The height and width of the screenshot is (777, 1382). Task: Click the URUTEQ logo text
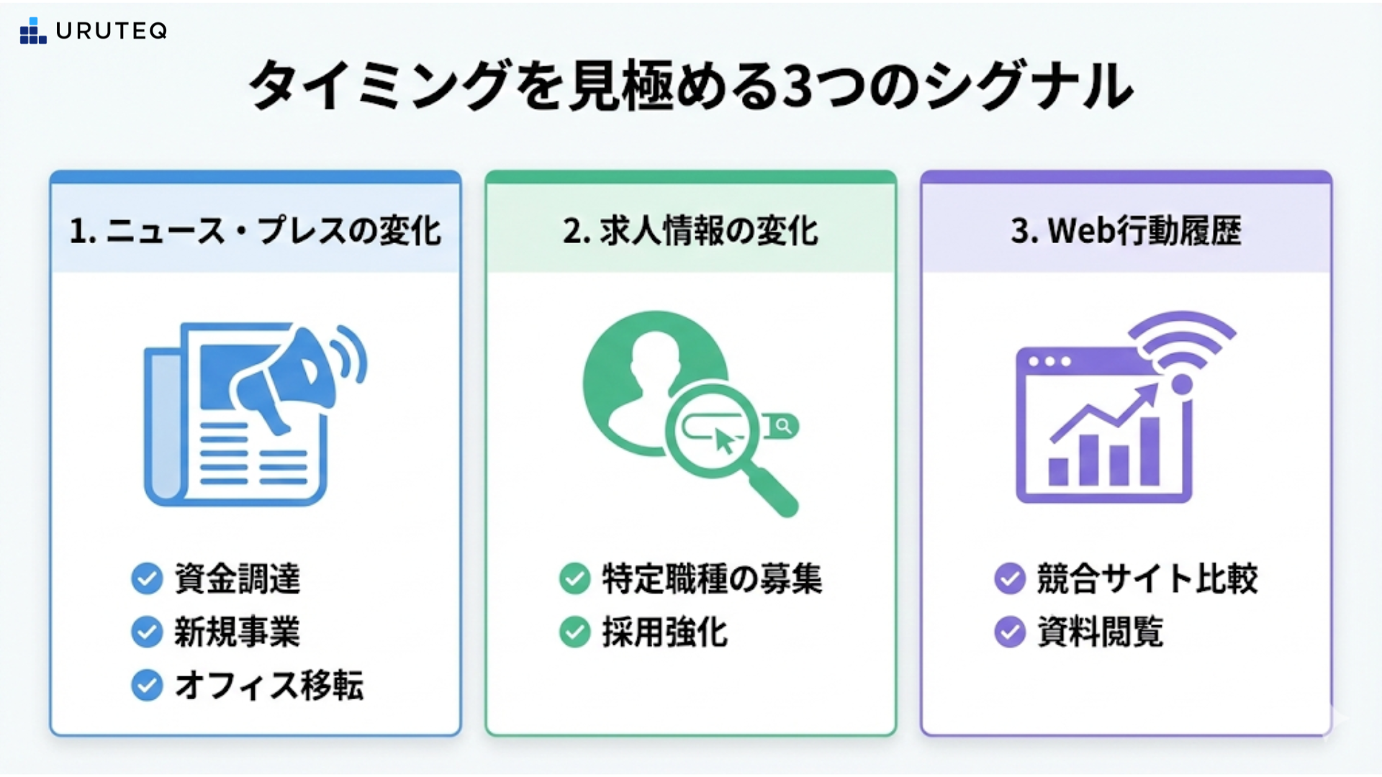(x=111, y=31)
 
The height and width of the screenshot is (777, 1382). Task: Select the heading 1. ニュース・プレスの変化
(x=256, y=231)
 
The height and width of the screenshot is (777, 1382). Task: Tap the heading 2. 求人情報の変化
(x=690, y=231)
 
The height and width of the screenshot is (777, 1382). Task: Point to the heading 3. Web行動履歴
(x=1126, y=231)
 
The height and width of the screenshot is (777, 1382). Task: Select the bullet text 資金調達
(x=238, y=578)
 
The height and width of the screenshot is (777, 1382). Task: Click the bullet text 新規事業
(x=238, y=632)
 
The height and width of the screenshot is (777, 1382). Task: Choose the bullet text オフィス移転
(x=269, y=686)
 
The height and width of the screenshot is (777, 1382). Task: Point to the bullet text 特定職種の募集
(x=712, y=578)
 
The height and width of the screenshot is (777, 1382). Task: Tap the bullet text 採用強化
(x=665, y=632)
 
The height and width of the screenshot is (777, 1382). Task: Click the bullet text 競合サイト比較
(x=1147, y=578)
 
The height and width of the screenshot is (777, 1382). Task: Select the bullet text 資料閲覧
(x=1101, y=632)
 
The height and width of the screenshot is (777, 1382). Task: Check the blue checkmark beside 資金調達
(x=147, y=578)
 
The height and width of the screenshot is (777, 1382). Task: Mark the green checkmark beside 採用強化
(x=574, y=632)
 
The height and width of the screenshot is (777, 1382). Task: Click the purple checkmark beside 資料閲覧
(x=1010, y=632)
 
